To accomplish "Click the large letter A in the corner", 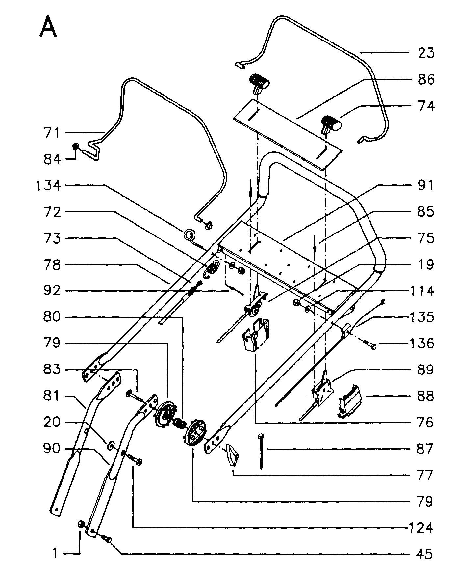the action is (48, 27).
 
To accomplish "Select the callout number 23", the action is (425, 53).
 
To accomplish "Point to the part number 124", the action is (420, 528).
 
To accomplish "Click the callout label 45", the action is (425, 554).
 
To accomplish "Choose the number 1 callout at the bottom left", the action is (55, 554).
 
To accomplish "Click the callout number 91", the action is (425, 185).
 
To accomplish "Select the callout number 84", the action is (53, 159).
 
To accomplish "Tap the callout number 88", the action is (425, 396).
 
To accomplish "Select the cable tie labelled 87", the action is (261, 451).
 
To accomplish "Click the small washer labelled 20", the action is (111, 446).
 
